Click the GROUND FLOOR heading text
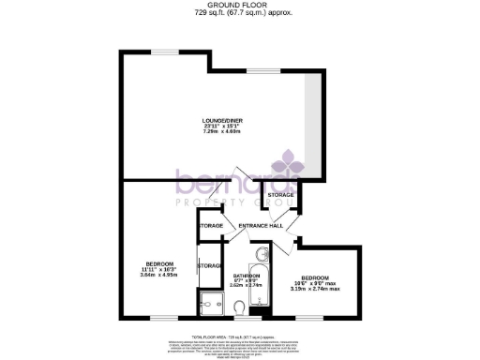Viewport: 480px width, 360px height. point(239,5)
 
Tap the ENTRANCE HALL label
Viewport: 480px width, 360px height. point(261,226)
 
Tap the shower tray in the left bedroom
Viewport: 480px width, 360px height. point(211,302)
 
